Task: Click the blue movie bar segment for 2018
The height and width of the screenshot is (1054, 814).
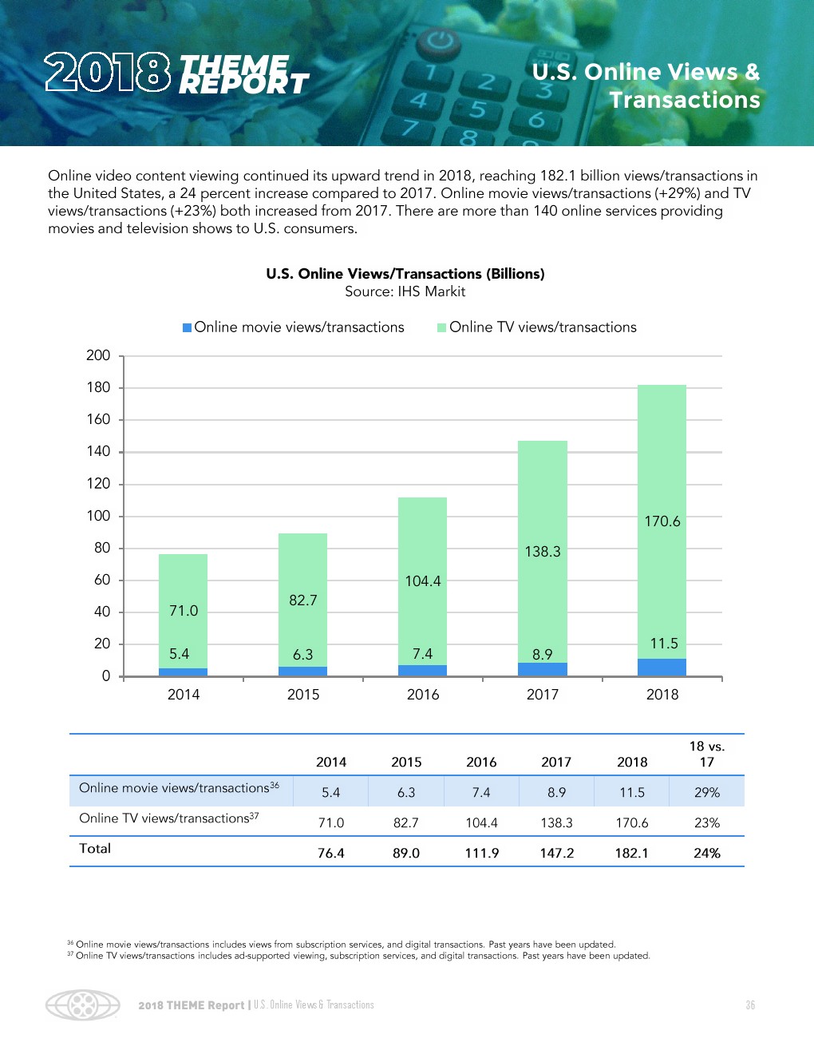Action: [662, 667]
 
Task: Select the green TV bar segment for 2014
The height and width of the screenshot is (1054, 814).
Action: [183, 611]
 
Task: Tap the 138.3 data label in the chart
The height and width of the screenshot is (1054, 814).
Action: [543, 552]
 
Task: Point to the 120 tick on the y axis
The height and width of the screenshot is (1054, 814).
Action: [98, 484]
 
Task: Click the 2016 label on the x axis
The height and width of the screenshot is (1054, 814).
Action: [423, 695]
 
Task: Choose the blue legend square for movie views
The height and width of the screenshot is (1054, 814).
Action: [187, 327]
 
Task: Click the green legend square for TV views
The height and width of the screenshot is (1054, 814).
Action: [441, 327]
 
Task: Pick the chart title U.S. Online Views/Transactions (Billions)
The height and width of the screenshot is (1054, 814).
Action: [405, 274]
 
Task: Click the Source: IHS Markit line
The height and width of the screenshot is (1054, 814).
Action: [405, 291]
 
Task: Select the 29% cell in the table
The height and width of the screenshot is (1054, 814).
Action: [707, 792]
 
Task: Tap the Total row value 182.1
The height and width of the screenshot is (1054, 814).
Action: [631, 853]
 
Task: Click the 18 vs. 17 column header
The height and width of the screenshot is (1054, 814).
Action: [707, 754]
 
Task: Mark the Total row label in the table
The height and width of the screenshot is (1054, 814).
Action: [95, 849]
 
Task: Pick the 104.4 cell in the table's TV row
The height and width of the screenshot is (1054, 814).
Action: [481, 822]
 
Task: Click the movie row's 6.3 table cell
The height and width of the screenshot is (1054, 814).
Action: [406, 792]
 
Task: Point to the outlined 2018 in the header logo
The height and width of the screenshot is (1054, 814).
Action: [107, 73]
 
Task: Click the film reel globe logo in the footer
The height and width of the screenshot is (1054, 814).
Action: [82, 1004]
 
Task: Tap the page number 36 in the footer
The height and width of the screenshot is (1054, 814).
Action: [750, 1005]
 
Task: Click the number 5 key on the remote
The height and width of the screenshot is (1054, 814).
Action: [477, 109]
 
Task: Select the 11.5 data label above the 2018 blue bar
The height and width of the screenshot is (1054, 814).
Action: [664, 644]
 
